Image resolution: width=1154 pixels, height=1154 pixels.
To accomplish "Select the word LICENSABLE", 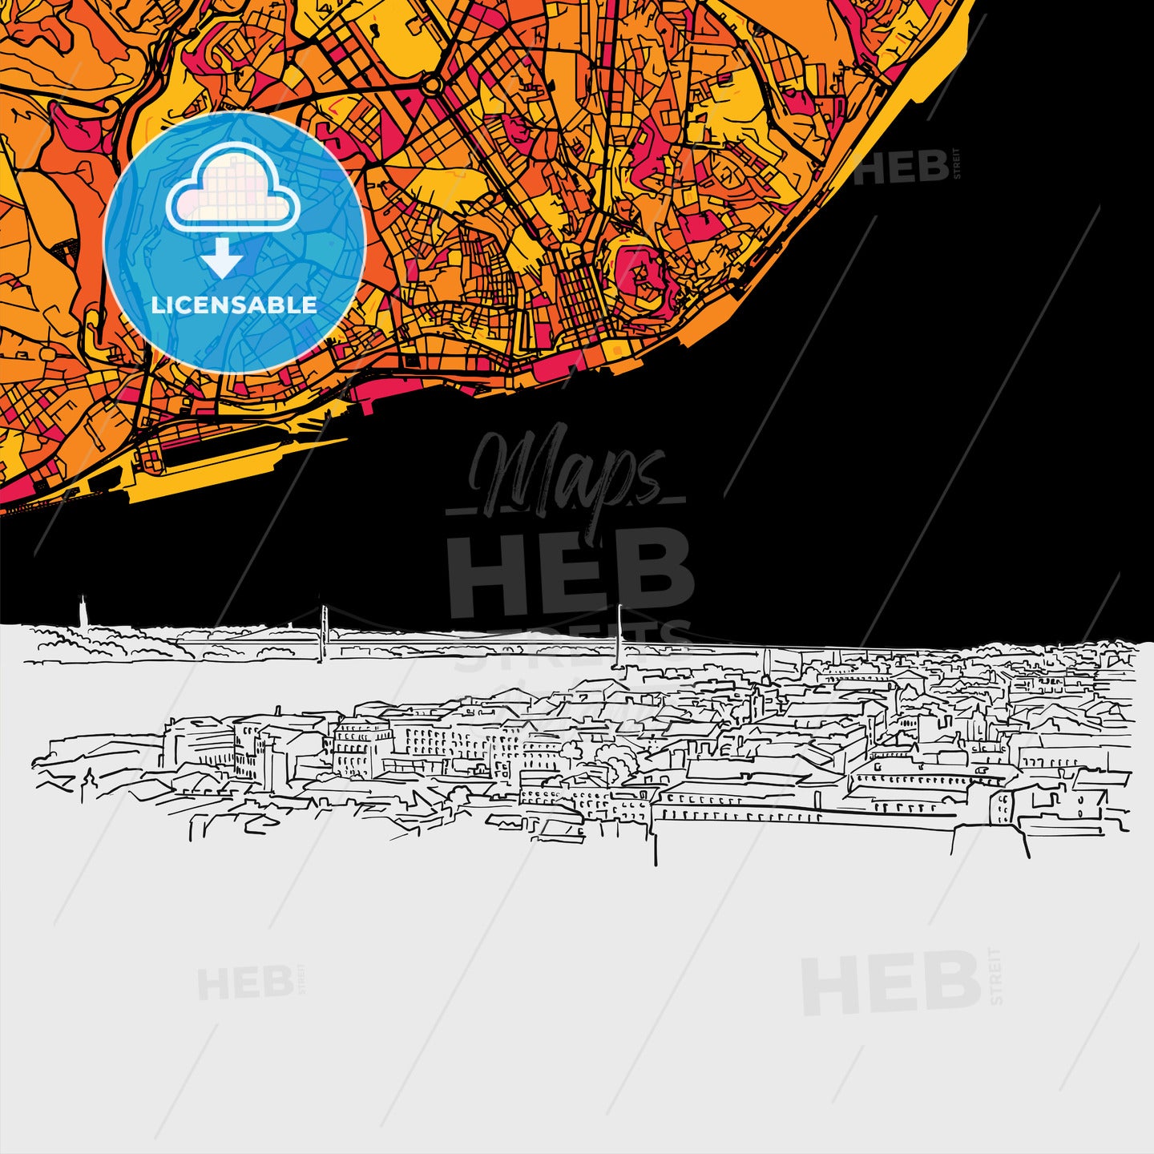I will coord(234,305).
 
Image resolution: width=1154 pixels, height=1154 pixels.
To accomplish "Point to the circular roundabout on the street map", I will coord(433,83).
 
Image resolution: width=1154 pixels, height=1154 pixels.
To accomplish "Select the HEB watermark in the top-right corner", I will coord(902,167).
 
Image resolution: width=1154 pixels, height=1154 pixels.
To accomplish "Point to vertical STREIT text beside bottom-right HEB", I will coord(996,976).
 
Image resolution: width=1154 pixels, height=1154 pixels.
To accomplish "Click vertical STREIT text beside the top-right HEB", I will coord(955,164).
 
